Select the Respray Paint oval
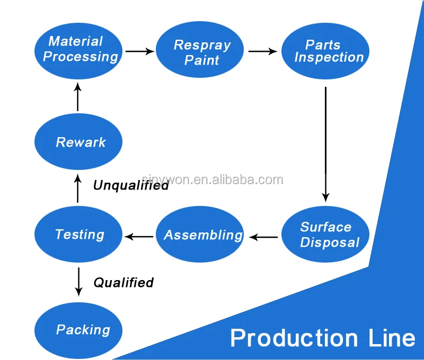click(200, 51)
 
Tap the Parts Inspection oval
click(324, 51)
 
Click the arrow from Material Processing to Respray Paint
click(139, 51)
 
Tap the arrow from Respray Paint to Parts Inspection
click(262, 51)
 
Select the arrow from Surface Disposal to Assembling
click(263, 237)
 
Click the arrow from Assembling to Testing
click(139, 236)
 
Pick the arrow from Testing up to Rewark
click(78, 190)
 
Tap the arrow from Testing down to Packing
click(78, 281)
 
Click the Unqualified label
click(131, 185)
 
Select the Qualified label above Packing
click(123, 283)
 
